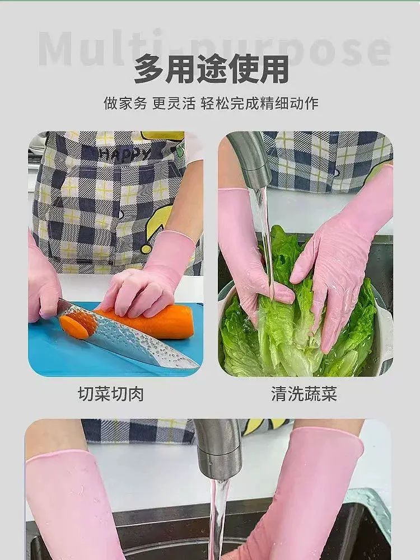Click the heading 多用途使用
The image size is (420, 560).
[x=211, y=69]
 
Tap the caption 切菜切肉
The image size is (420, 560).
[x=111, y=394]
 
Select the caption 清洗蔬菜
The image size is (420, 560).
[x=304, y=394]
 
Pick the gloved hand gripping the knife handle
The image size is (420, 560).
[x=43, y=286]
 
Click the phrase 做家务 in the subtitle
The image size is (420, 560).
[x=125, y=104]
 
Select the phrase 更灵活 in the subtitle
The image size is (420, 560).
[x=174, y=104]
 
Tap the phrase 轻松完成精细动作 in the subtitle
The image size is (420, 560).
[x=259, y=104]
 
